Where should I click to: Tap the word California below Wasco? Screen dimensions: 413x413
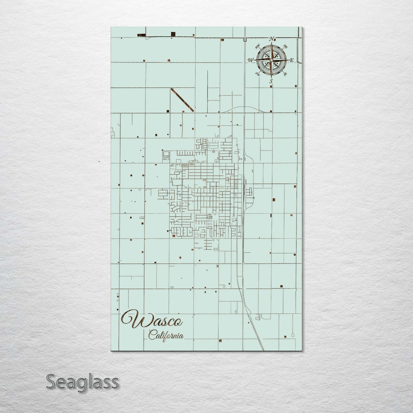tap(166, 335)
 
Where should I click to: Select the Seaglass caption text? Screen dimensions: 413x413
tap(82, 382)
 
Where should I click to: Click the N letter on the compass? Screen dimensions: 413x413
tap(272, 39)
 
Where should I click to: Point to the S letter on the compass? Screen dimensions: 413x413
tap(271, 81)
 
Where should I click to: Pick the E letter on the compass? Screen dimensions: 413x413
tap(292, 60)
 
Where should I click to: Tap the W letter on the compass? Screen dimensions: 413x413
tap(251, 60)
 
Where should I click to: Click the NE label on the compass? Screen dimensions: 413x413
tap(285, 46)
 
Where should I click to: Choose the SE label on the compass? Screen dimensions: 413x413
tap(285, 74)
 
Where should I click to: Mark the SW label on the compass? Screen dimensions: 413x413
tap(258, 74)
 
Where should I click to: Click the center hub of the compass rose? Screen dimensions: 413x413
tap(271, 60)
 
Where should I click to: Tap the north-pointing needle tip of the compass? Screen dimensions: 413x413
tap(272, 43)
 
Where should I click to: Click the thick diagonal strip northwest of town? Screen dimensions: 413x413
tap(182, 100)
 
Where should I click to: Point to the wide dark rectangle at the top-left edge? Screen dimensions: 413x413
tap(141, 35)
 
